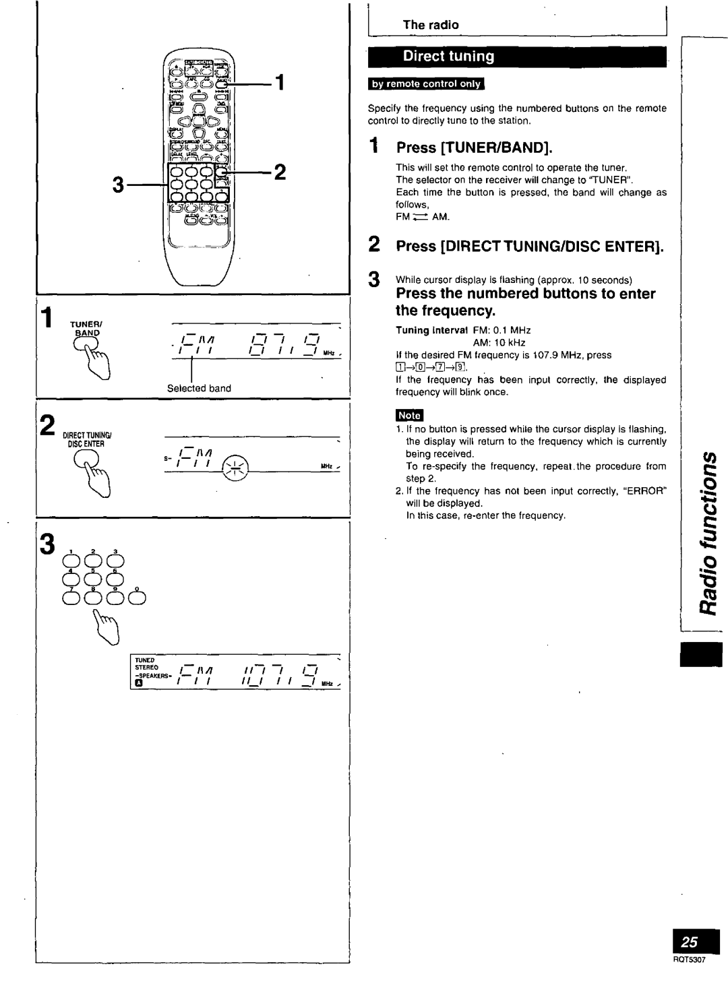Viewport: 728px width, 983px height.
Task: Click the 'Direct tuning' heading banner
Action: tap(449, 57)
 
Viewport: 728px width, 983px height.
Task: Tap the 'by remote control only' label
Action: tap(425, 84)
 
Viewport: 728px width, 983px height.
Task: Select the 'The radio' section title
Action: tap(431, 25)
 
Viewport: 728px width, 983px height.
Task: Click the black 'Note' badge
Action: tap(409, 416)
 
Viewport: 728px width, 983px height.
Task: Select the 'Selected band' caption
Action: tap(199, 388)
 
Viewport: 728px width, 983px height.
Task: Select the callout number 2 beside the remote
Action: tap(280, 172)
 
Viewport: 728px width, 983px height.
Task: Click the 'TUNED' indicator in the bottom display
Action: tap(144, 660)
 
